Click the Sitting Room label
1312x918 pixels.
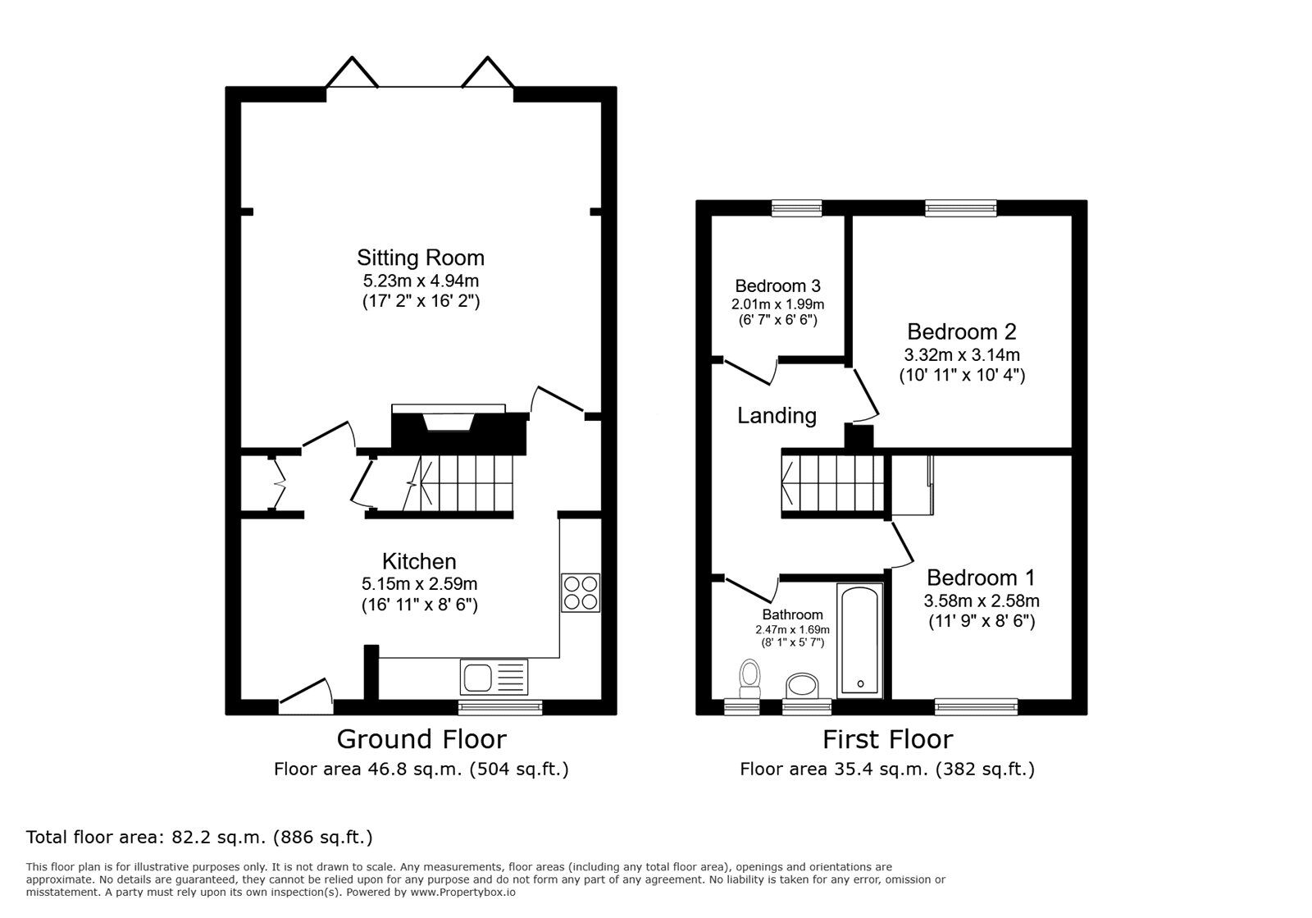click(420, 258)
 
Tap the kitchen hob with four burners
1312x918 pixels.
click(580, 592)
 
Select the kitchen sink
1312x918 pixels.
click(494, 678)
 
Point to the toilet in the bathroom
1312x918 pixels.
click(749, 677)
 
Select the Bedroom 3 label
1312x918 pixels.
click(777, 286)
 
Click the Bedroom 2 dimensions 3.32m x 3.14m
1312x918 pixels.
click(961, 355)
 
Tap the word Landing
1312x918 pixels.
click(777, 415)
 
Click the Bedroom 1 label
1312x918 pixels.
click(981, 578)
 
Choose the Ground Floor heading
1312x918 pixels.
click(421, 739)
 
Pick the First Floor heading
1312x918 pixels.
click(887, 739)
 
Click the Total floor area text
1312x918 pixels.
click(199, 838)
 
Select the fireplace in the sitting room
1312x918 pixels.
click(449, 427)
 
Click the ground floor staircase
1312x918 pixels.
click(459, 484)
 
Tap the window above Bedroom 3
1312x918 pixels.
click(796, 208)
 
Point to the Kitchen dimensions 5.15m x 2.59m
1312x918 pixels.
click(419, 584)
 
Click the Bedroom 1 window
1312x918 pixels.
click(976, 706)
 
